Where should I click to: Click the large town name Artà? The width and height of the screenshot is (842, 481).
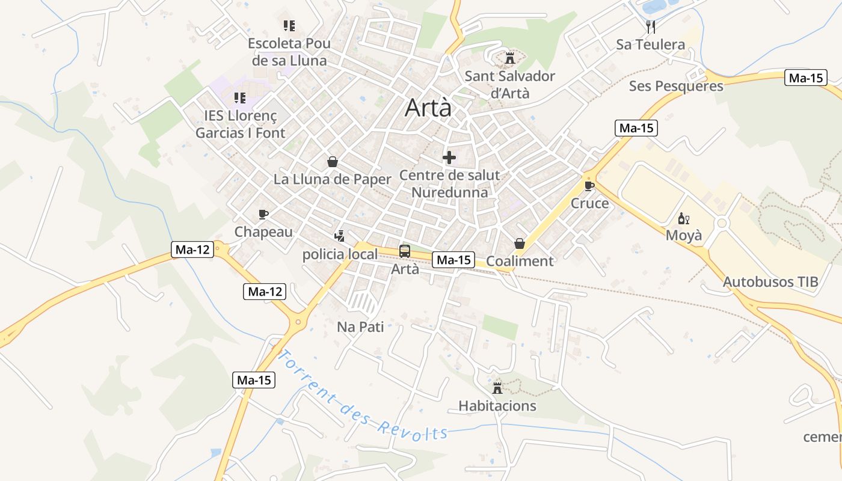428,108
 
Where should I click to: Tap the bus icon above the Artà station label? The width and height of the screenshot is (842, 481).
405,251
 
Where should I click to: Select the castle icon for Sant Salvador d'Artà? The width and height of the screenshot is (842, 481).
510,58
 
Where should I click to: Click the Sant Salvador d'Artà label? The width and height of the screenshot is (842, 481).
510,85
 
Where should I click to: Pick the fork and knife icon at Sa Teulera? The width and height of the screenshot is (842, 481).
650,26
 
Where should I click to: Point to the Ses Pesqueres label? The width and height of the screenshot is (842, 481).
676,86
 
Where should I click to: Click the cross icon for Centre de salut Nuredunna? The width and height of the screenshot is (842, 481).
449,158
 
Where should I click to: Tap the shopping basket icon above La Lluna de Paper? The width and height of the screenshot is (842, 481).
333,162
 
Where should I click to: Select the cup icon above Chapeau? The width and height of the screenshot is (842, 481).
263,214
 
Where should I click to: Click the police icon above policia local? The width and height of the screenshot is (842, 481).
340,236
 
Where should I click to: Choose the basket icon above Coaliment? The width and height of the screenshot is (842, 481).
520,244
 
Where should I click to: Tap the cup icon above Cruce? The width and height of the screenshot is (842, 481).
589,186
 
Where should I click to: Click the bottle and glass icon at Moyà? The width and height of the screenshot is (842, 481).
683,218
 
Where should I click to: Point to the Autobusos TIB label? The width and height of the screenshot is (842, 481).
770,282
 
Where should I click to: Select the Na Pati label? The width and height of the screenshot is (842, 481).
360,327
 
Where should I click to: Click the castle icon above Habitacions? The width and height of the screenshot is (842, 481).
497,388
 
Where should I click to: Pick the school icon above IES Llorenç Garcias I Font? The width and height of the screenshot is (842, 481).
240,97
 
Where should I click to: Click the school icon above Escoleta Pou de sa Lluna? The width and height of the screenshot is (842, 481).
289,26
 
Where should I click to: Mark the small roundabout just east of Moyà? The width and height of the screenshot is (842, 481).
722,223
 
